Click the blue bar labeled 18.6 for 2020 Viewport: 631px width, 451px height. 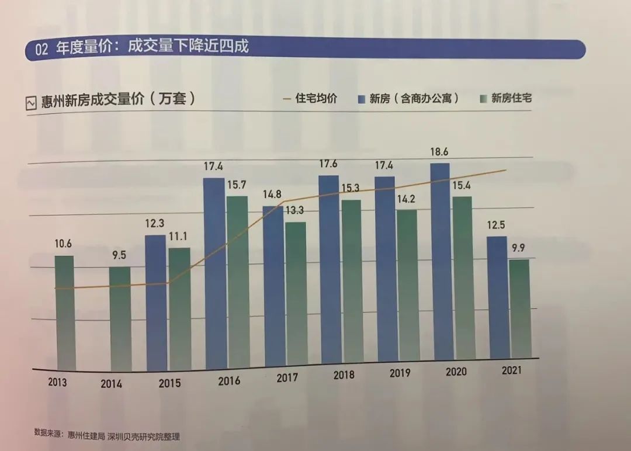pos(440,263)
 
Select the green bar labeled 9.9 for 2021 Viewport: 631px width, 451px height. pos(519,308)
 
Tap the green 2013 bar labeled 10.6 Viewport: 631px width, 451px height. pos(65,313)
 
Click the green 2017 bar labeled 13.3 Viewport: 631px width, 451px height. pos(296,292)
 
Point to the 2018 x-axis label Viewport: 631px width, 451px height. pos(344,376)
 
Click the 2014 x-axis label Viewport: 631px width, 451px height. pos(111,384)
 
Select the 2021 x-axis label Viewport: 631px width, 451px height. pos(512,370)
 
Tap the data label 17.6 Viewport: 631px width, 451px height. pos(328,164)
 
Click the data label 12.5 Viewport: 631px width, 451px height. pos(496,225)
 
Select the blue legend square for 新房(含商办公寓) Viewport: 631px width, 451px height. pos(361,99)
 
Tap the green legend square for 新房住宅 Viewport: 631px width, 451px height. pos(483,99)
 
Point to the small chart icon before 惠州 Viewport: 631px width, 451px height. pos(32,103)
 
